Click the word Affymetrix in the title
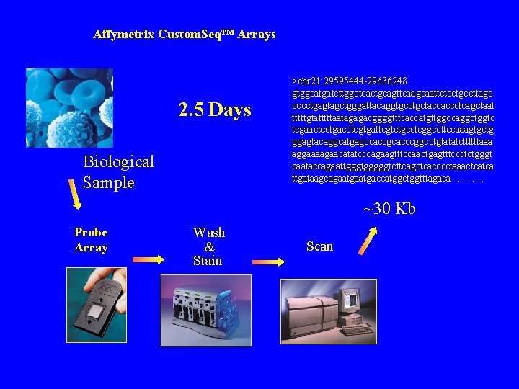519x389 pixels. (x=124, y=35)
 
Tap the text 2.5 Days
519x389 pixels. (x=215, y=110)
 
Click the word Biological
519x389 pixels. (x=119, y=161)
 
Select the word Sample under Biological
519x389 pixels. (x=109, y=182)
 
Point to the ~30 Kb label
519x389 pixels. (x=389, y=209)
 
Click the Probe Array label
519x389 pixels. (x=91, y=240)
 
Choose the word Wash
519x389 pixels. (x=209, y=233)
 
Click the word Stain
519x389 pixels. (x=208, y=261)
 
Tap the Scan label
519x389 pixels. (x=319, y=246)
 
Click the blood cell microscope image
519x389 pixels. (x=69, y=108)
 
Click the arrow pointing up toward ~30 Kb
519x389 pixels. (x=368, y=241)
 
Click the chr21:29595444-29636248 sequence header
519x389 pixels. (x=350, y=80)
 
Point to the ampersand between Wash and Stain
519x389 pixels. (x=209, y=247)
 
